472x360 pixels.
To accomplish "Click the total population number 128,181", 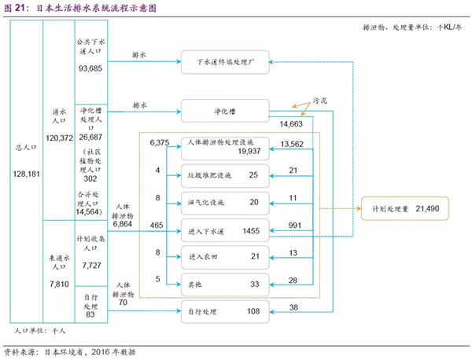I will pos(26,174).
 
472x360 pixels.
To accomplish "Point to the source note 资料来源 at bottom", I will pos(23,352).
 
